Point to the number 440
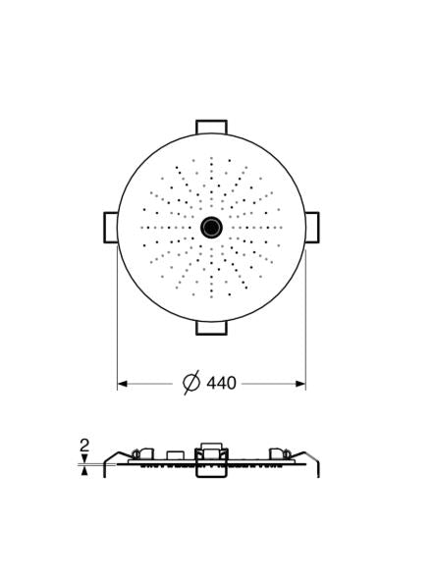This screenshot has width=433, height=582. coord(221,384)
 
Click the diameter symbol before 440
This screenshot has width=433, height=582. coord(191,383)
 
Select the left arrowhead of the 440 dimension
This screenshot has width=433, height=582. coord(122,384)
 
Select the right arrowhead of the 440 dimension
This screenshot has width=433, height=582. coord(300,384)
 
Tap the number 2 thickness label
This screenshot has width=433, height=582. coord(85,445)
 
